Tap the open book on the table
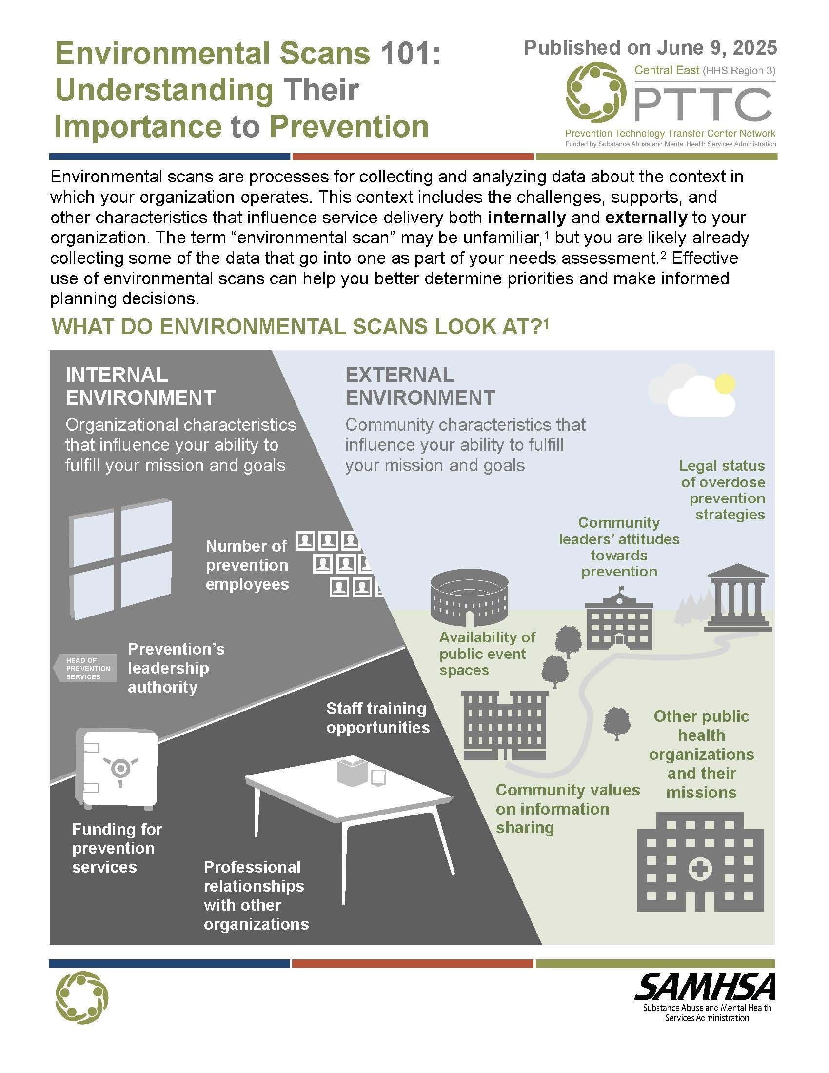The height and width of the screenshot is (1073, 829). [x=352, y=772]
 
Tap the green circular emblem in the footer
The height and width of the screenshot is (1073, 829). [x=82, y=997]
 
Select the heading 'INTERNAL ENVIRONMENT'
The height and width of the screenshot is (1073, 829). [x=140, y=386]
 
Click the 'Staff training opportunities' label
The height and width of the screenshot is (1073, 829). [x=377, y=718]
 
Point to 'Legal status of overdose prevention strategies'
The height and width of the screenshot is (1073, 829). [x=722, y=490]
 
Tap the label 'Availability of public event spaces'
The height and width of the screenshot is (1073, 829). [x=487, y=654]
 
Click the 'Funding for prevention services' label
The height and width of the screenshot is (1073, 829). [x=117, y=848]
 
